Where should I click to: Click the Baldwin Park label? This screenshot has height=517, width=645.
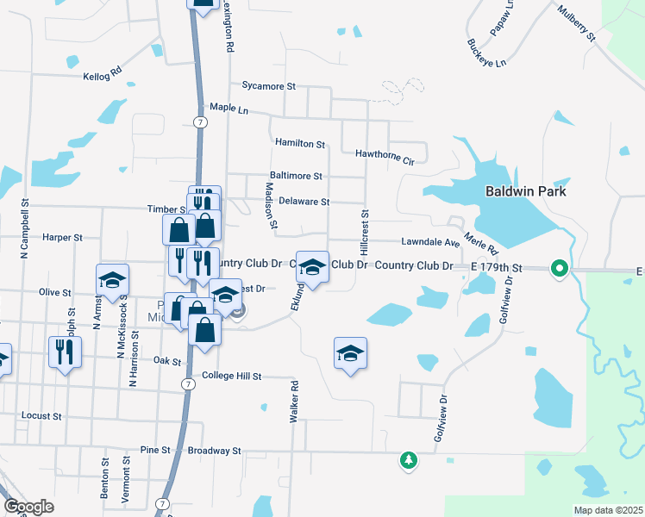(x=525, y=191)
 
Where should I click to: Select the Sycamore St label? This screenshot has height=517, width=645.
(x=269, y=86)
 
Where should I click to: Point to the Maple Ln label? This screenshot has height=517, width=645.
(x=229, y=109)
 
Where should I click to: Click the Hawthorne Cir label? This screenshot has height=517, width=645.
(x=385, y=155)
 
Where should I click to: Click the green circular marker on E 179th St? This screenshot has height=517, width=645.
(x=558, y=269)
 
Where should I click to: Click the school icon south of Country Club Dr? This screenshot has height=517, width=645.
(x=350, y=353)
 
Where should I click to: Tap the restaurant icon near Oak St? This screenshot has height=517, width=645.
(x=65, y=352)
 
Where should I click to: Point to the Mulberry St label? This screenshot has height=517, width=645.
(x=577, y=23)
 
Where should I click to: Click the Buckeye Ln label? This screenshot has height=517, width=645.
(x=486, y=53)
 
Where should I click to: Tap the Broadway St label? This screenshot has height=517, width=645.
(x=214, y=451)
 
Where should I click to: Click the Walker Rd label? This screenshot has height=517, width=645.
(x=294, y=402)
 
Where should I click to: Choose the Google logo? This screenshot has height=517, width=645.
(x=28, y=507)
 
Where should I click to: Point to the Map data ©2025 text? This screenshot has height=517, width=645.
(x=607, y=510)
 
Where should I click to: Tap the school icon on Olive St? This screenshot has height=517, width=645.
(x=113, y=279)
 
